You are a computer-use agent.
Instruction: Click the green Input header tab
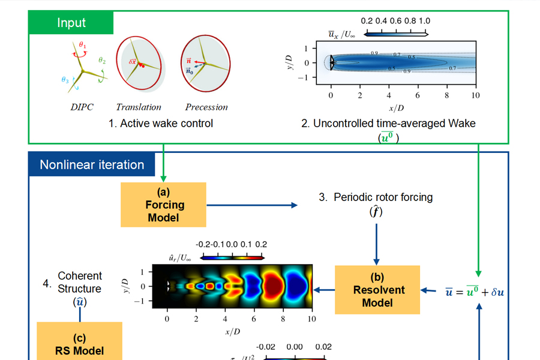click(71, 23)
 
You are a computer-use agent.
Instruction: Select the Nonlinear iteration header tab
click(92, 164)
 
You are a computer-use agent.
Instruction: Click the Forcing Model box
click(163, 205)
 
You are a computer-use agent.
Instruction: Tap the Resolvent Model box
click(377, 290)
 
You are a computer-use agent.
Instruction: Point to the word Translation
click(139, 107)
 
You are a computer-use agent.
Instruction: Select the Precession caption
click(206, 107)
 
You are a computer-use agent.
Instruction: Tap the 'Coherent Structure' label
click(80, 282)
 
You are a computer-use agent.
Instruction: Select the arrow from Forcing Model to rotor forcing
click(252, 205)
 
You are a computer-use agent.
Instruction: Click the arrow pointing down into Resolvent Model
click(377, 244)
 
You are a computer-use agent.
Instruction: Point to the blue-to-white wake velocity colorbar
click(396, 34)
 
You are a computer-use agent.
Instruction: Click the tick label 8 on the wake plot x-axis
click(447, 95)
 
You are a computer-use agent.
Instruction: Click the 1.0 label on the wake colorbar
click(424, 21)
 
